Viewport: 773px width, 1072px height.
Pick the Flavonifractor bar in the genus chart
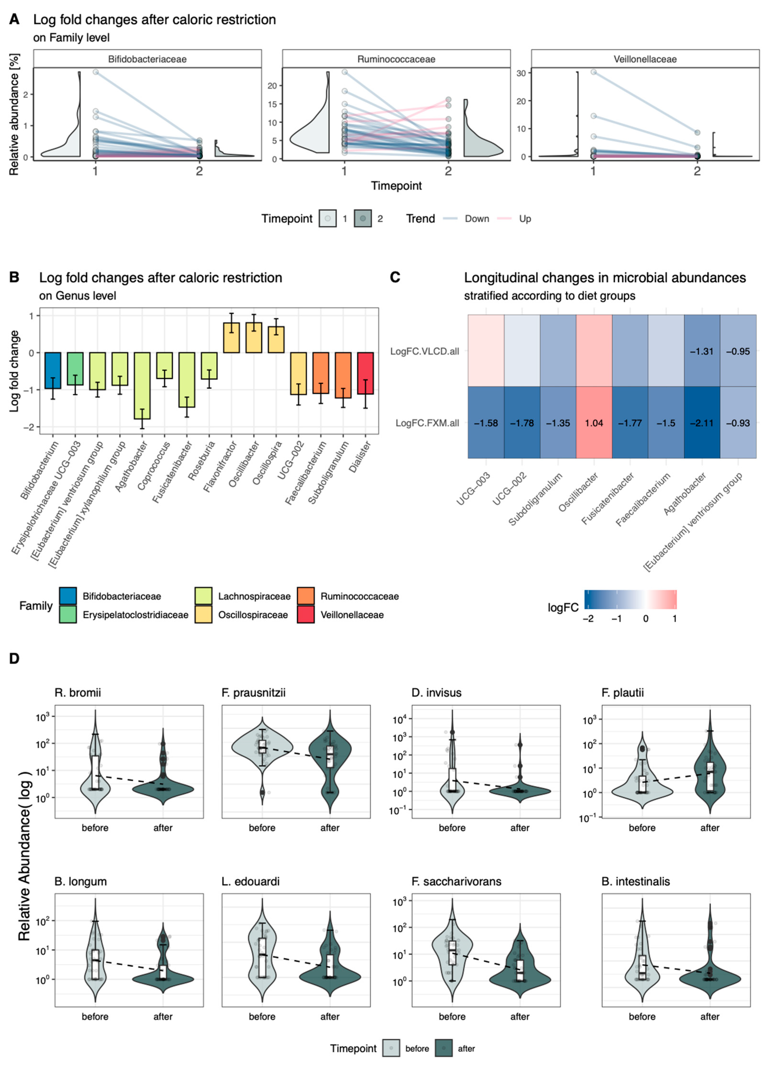click(x=231, y=338)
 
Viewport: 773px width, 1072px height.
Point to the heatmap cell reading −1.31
click(x=702, y=351)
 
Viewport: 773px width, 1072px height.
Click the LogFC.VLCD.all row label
click(x=424, y=351)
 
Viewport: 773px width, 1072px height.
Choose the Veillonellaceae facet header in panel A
click(x=645, y=59)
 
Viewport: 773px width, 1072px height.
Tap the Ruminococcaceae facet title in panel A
click(x=396, y=59)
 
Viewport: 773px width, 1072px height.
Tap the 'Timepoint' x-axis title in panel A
click(x=396, y=186)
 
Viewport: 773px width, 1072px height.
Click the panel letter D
click(x=14, y=658)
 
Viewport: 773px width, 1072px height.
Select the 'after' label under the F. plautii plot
click(x=710, y=828)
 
